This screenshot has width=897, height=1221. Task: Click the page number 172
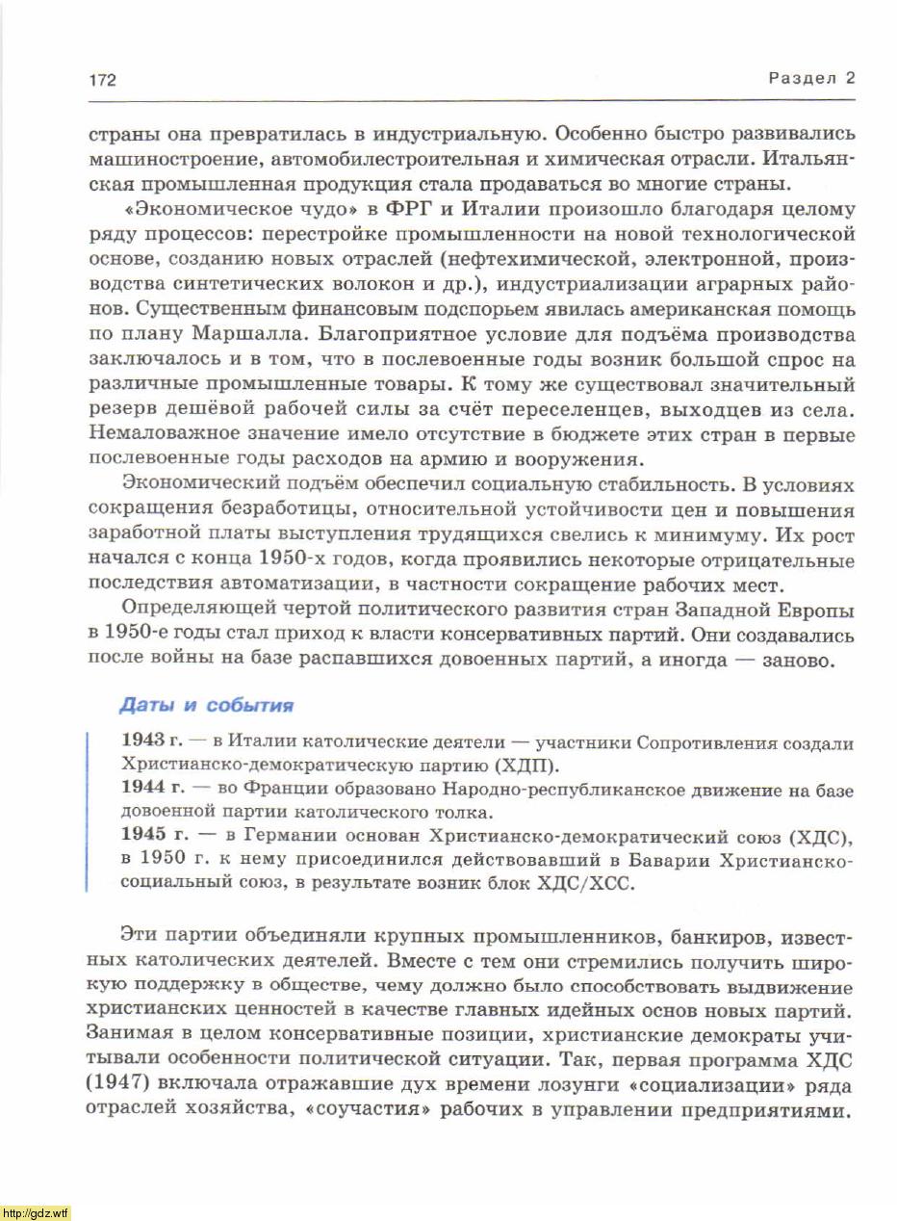tap(102, 80)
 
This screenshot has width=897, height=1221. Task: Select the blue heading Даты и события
tap(206, 705)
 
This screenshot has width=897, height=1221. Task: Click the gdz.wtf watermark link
tap(36, 1212)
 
